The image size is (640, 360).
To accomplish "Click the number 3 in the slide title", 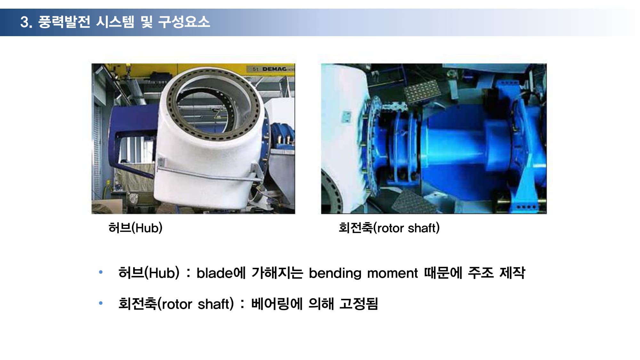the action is pos(25,22).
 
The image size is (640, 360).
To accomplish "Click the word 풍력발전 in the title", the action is pos(64,22).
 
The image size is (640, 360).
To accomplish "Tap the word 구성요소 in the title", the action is pos(184,22).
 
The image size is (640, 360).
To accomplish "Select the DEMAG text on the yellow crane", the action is pos(274,69).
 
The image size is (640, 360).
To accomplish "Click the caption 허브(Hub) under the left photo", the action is pos(135,228).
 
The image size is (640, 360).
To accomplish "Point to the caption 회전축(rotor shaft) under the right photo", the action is pos(389,228).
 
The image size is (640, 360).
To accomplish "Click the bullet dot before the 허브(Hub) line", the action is pos(101,272).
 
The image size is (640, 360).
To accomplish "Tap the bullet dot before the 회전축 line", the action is pos(101,303).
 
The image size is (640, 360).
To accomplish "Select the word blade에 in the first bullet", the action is pos(221,273).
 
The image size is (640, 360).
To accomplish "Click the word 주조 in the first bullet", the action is pos(481,273).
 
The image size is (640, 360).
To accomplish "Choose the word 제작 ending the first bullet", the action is pos(512,273).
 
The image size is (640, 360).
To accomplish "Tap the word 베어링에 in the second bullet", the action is pos(277,304).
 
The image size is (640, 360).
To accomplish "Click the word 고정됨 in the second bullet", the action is pos(359,304).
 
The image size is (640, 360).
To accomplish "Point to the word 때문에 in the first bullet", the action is pos(443,273).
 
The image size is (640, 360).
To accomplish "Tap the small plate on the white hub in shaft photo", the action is pos(346,116).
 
